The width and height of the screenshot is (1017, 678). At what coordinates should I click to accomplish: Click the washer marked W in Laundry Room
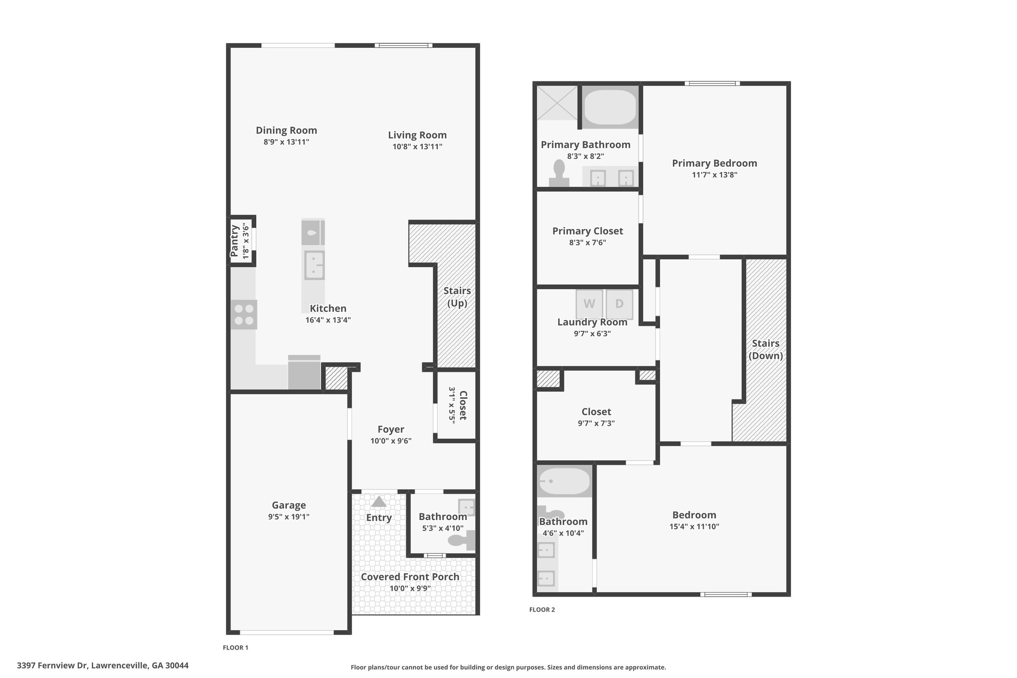[589, 303]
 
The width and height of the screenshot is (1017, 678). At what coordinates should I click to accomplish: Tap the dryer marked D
[619, 303]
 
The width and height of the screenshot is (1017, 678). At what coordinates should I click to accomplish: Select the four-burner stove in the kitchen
[244, 314]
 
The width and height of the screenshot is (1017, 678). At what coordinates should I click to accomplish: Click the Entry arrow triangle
[379, 501]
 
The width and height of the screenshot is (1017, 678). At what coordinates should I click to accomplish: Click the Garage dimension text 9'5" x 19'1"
[289, 517]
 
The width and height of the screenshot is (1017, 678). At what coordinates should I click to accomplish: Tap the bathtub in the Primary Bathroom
[610, 107]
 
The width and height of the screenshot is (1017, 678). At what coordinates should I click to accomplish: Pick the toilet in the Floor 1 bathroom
[462, 540]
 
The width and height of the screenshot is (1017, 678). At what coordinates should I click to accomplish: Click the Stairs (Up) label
[457, 297]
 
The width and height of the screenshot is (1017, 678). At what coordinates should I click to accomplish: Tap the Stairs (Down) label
[766, 349]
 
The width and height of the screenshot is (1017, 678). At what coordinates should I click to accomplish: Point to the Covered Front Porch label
[410, 577]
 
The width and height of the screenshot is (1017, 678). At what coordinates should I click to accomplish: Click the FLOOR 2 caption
[542, 609]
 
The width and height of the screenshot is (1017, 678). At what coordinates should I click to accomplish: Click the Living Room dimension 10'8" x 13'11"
[417, 147]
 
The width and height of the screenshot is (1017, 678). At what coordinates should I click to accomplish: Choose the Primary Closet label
[587, 231]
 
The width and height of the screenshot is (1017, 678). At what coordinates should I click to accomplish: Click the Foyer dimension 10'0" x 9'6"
[391, 441]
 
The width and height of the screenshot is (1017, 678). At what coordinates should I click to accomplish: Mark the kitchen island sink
[314, 265]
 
